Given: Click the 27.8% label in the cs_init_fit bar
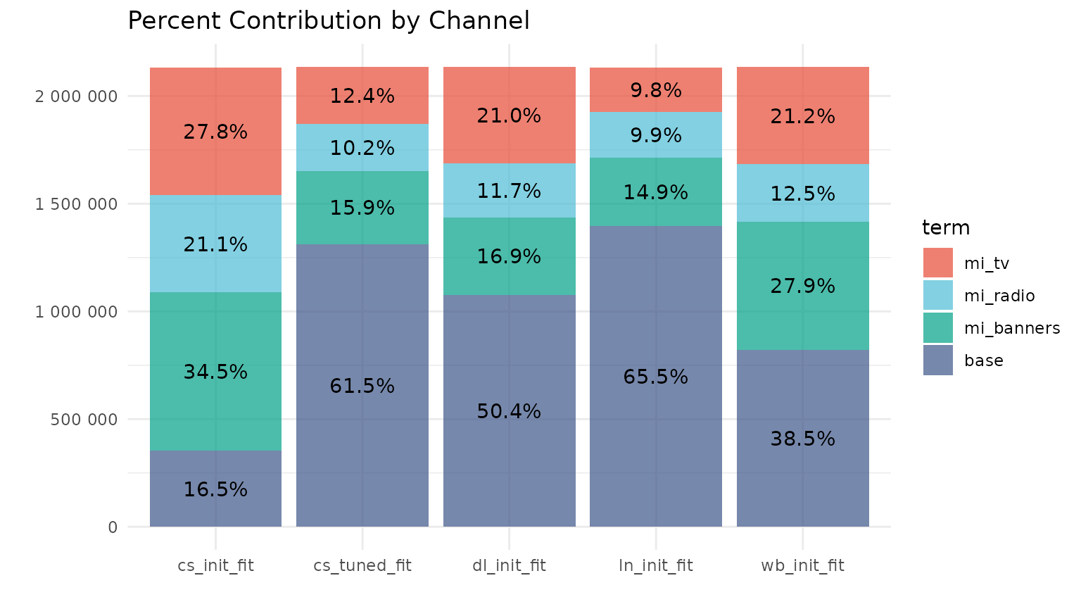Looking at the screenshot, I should click(215, 132).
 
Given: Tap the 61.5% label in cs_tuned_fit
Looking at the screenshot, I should click(362, 387).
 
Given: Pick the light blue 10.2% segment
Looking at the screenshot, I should click(362, 148).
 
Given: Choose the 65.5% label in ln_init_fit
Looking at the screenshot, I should click(656, 377).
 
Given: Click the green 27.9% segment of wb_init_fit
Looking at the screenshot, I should click(803, 286).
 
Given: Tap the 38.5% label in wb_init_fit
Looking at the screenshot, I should click(803, 439).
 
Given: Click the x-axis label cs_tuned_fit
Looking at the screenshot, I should click(362, 566).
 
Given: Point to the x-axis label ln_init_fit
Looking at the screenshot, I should click(656, 566).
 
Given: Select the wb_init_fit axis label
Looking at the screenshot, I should click(803, 566).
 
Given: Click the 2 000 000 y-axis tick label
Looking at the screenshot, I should click(76, 96).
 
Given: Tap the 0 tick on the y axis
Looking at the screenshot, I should click(113, 527).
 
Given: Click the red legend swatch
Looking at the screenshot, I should click(938, 263).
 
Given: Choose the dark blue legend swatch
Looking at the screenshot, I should click(938, 360).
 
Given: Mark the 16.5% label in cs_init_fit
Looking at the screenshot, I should click(215, 490).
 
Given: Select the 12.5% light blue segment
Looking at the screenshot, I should click(803, 194).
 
